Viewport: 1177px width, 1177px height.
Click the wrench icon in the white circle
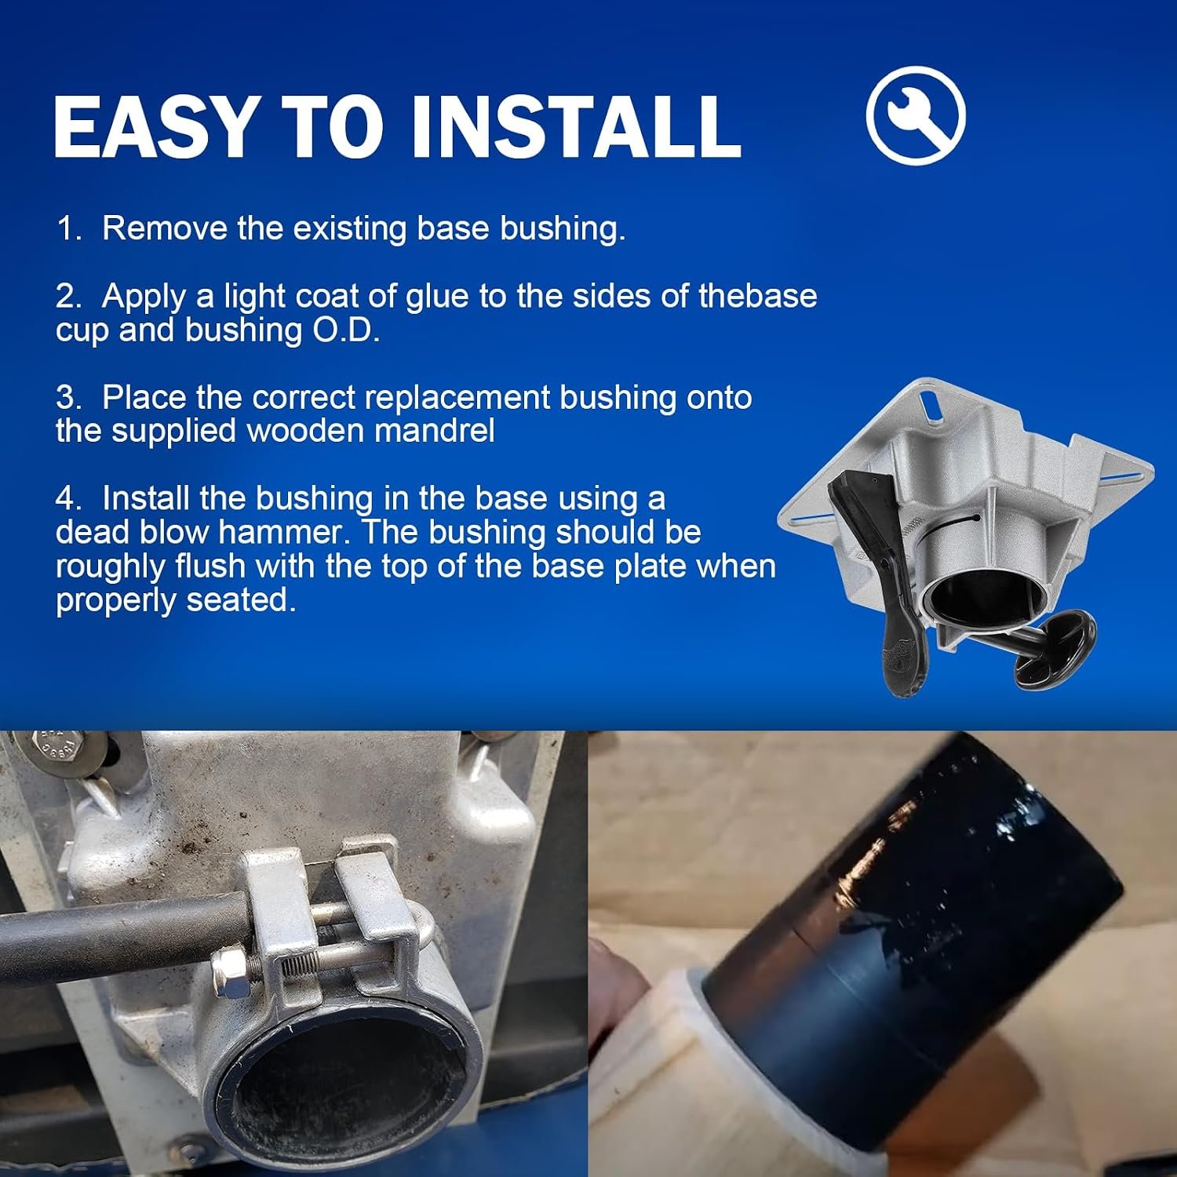[x=916, y=115]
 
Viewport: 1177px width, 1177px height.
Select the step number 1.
[x=67, y=228]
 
